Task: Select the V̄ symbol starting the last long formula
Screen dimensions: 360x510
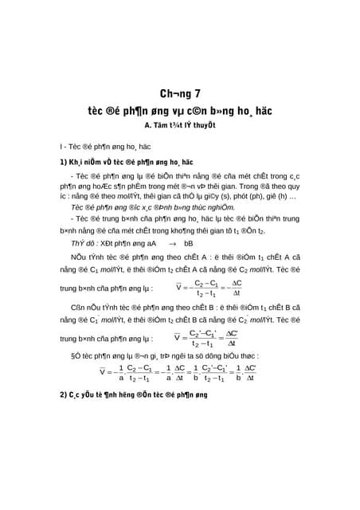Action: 103,372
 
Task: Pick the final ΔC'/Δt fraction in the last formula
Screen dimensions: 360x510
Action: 250,372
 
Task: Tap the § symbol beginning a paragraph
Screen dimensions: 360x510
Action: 75,355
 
